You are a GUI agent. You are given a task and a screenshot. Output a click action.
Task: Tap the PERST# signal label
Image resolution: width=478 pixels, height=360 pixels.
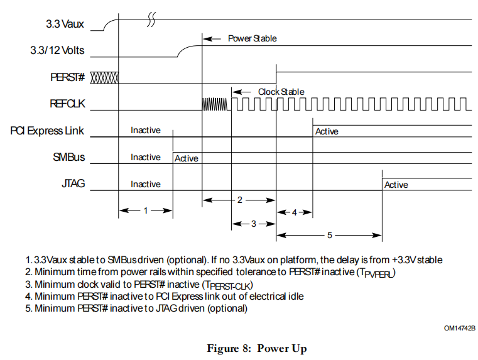tap(67, 77)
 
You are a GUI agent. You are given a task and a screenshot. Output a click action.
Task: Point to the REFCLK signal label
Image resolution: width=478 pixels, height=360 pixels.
tap(67, 104)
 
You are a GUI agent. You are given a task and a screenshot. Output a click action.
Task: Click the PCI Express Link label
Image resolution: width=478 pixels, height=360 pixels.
tap(47, 131)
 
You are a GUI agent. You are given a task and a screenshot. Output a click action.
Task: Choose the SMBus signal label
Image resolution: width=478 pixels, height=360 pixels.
tap(70, 157)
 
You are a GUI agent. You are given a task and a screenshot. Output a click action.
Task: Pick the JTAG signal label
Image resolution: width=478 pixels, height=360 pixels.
tap(72, 184)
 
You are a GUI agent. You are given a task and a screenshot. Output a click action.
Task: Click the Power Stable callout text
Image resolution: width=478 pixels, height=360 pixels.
tap(252, 38)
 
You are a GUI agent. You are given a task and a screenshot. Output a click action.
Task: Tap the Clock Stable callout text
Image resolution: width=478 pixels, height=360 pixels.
tap(281, 92)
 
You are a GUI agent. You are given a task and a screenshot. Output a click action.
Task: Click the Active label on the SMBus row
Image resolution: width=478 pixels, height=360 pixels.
tap(186, 158)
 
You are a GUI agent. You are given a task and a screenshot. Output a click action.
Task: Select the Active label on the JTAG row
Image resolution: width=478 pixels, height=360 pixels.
tap(396, 185)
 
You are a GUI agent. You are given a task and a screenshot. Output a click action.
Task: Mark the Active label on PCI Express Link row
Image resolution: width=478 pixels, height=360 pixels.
tap(327, 131)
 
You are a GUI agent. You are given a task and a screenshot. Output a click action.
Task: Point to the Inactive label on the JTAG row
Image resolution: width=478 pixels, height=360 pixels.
tap(145, 184)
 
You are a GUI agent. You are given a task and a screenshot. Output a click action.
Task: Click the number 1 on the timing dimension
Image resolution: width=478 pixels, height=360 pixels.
tap(145, 211)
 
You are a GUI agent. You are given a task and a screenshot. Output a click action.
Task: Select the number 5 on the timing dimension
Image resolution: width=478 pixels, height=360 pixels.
tap(330, 235)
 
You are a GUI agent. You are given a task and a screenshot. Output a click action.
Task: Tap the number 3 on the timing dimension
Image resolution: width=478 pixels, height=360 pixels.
tap(253, 223)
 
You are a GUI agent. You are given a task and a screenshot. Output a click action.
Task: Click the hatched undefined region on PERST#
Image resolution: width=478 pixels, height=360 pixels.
tap(104, 77)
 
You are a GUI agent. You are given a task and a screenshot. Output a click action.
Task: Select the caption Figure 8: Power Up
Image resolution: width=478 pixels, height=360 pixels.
tap(256, 348)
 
